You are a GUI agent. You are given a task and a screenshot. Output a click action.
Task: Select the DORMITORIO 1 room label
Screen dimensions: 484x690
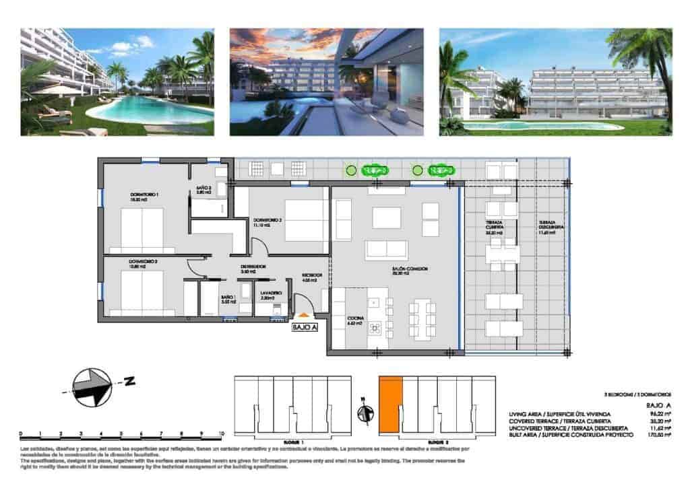(139, 197)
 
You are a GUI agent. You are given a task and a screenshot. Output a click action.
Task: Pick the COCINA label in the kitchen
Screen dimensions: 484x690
(355, 321)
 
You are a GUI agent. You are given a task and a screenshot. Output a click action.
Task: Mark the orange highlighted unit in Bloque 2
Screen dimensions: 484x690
(390, 404)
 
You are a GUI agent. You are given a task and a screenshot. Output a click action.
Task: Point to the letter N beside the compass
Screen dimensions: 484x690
(130, 382)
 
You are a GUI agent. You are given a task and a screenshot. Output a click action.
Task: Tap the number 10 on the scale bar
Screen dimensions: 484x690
(222, 435)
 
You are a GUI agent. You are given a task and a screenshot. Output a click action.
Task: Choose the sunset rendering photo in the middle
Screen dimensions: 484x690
(326, 81)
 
